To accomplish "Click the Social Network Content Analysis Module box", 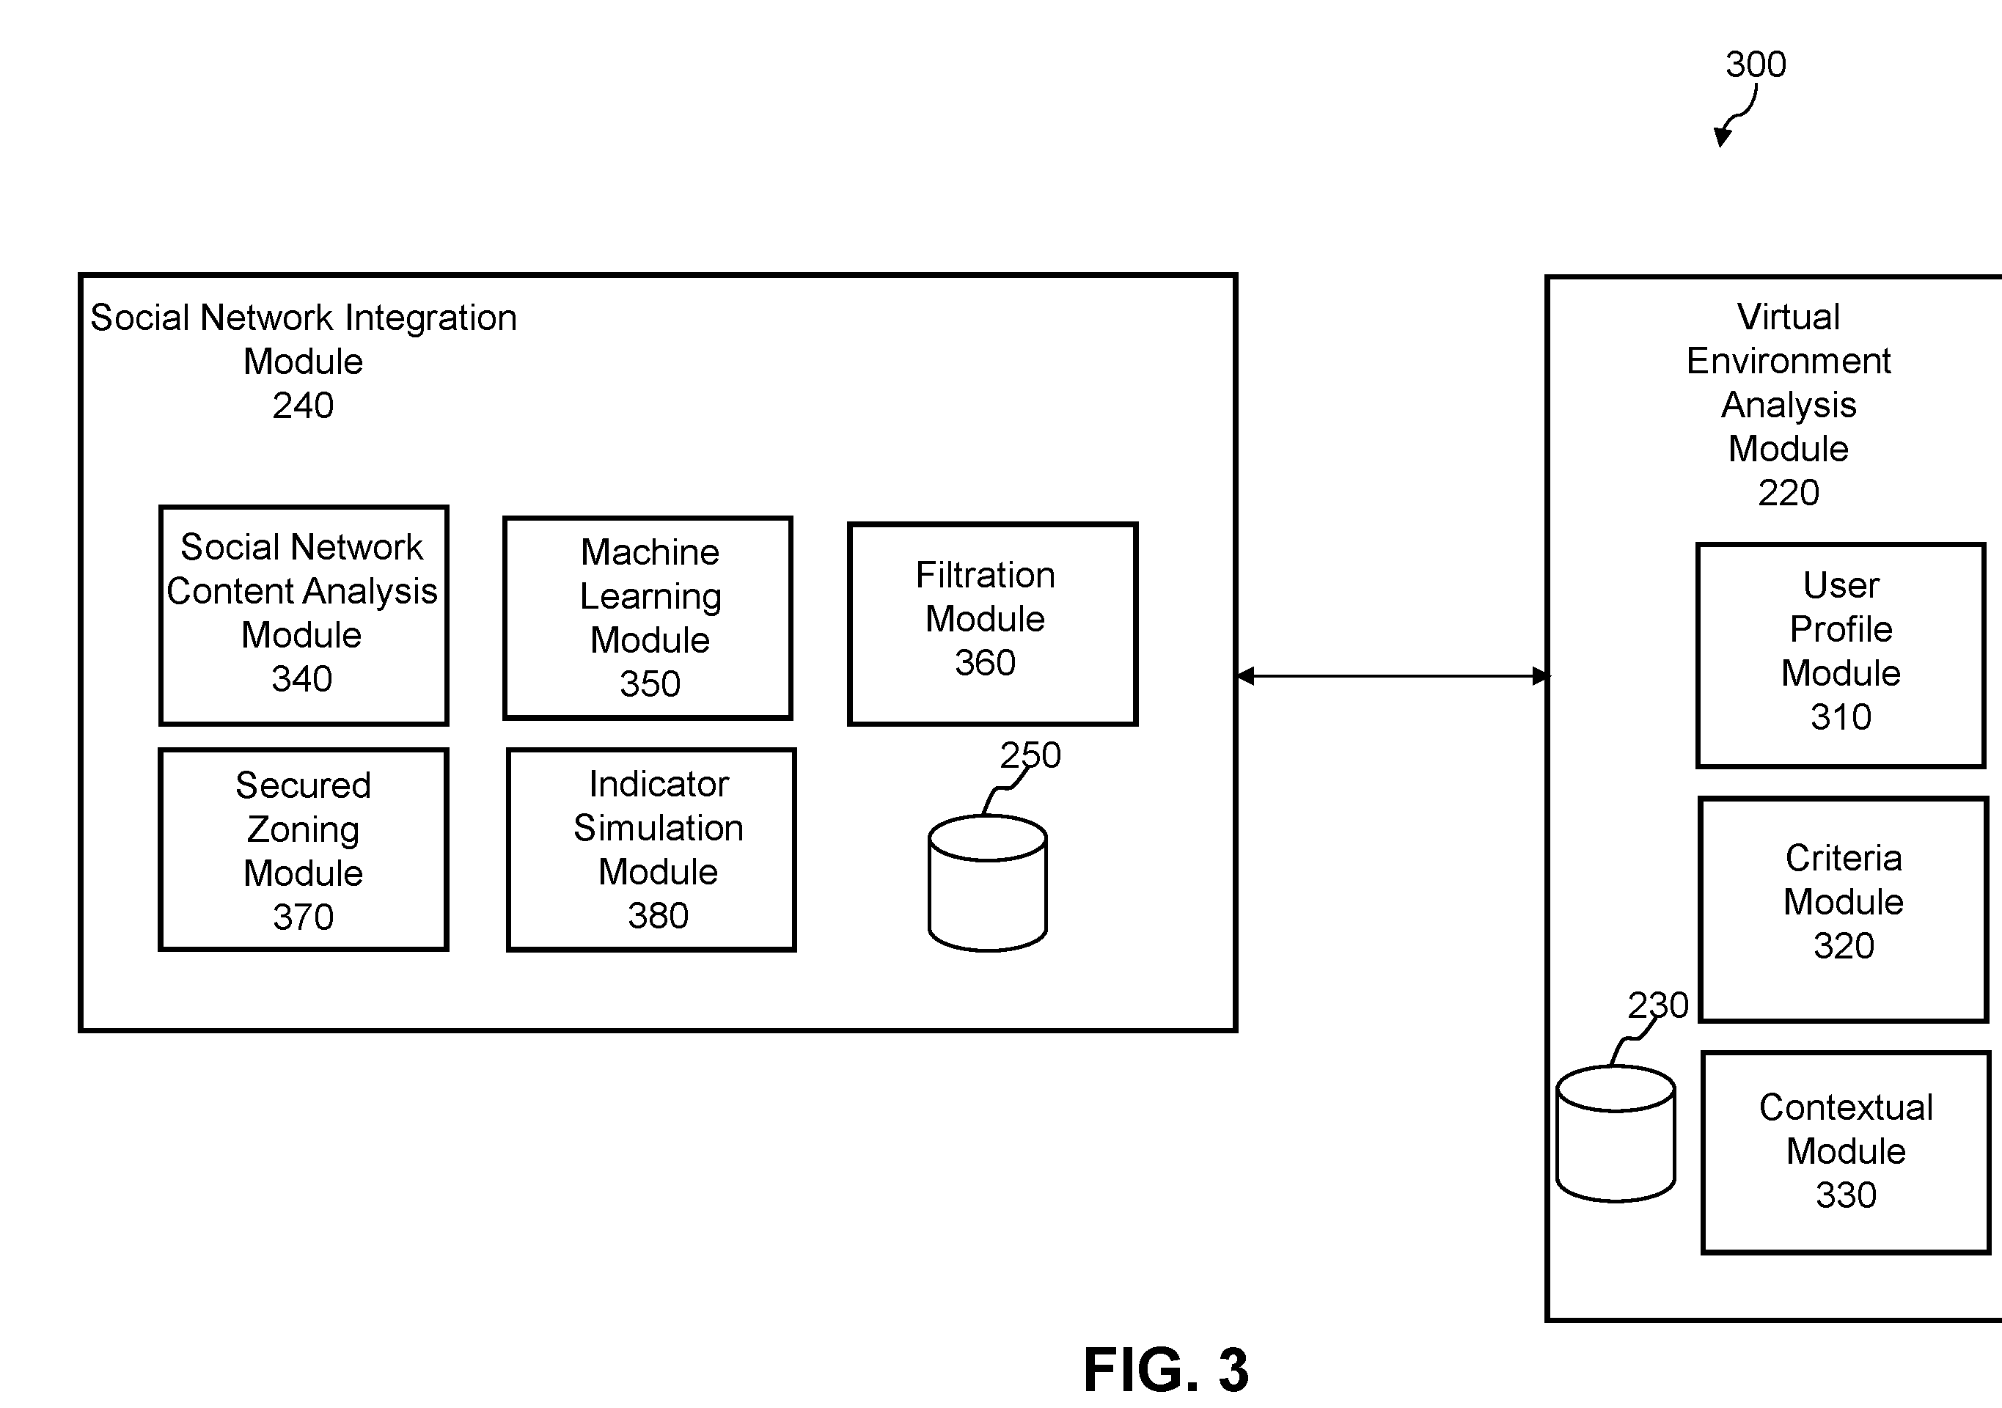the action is pyautogui.click(x=304, y=615).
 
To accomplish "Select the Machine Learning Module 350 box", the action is pyautogui.click(x=648, y=618).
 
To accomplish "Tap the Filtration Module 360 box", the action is pyautogui.click(x=992, y=623).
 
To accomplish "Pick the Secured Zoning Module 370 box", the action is pyautogui.click(x=304, y=849).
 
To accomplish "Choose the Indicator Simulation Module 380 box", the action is pyautogui.click(x=651, y=849).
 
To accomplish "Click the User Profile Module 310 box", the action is pyautogui.click(x=1841, y=656).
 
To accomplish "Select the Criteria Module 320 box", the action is pyautogui.click(x=1844, y=909).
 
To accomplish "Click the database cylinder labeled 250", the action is pyautogui.click(x=988, y=883).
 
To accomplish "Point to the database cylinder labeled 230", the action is pyautogui.click(x=1616, y=1134).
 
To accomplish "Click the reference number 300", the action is pyautogui.click(x=1756, y=65).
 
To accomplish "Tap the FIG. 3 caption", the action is pyautogui.click(x=1166, y=1370).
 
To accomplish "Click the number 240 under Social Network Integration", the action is pyautogui.click(x=303, y=406).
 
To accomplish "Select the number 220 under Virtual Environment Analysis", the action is pyautogui.click(x=1789, y=493).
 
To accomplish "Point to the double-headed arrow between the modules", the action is pyautogui.click(x=1393, y=675).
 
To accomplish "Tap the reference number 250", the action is pyautogui.click(x=1030, y=755).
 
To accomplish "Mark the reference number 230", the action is pyautogui.click(x=1657, y=1005).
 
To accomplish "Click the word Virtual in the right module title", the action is pyautogui.click(x=1789, y=317).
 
